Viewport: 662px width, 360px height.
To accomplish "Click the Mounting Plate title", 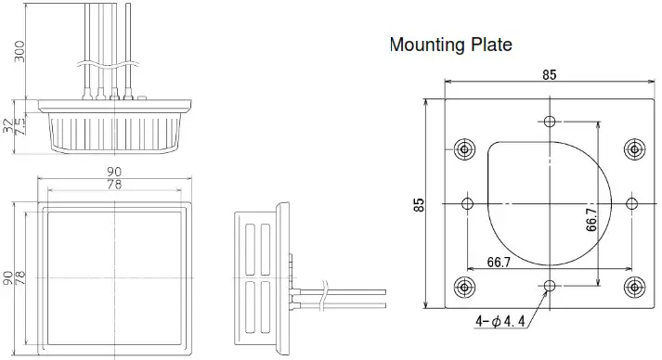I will coord(450,45).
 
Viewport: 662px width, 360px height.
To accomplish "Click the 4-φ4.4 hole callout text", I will coord(508,321).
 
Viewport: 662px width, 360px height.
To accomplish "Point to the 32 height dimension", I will coord(10,124).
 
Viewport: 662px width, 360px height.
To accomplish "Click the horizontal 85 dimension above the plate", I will coord(550,75).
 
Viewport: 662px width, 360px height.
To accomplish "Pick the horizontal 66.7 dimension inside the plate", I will coord(500,264).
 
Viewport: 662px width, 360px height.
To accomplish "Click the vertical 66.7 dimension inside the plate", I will coord(591,220).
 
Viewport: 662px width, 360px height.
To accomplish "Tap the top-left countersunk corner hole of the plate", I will coord(465,148).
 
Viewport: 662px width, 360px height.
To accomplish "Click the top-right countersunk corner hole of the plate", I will coord(634,148).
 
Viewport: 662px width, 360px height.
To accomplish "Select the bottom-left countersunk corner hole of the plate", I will coord(465,285).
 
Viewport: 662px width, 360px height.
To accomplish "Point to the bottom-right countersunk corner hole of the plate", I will coord(634,285).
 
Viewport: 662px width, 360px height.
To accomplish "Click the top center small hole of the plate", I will coord(550,122).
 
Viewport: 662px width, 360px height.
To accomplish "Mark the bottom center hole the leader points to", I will coord(550,285).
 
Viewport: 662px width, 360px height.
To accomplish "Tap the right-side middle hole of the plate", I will coord(632,203).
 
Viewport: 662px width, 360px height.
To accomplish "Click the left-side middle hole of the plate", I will coord(467,203).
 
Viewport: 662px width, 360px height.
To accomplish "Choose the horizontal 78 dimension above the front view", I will coord(115,186).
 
